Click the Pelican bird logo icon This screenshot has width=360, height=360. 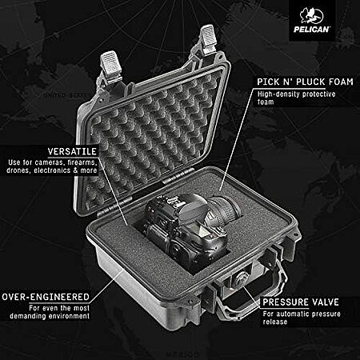tap(311, 15)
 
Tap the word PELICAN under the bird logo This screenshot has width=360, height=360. tap(311, 29)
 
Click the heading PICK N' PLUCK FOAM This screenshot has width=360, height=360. tap(305, 82)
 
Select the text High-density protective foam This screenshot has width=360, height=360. tap(296, 98)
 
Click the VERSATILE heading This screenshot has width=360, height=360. tap(72, 151)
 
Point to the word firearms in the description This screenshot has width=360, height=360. tap(82, 162)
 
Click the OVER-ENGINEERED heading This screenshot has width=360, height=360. tap(46, 297)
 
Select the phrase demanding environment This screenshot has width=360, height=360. tap(50, 316)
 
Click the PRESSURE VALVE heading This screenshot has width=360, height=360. tap(301, 302)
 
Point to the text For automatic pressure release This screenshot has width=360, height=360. tap(302, 318)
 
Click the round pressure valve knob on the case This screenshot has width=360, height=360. tap(241, 279)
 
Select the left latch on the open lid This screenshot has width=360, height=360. tap(110, 63)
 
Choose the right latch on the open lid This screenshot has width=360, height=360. tap(208, 37)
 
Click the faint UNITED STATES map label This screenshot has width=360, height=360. tap(66, 95)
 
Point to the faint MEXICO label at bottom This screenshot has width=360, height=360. tap(182, 354)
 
